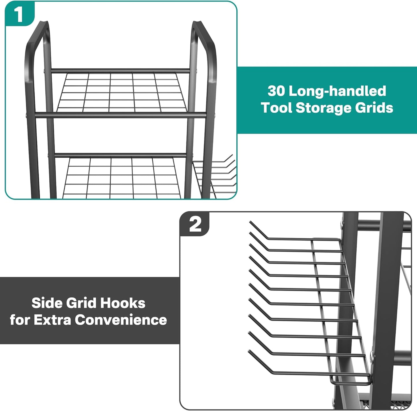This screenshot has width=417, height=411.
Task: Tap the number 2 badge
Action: pos(195,225)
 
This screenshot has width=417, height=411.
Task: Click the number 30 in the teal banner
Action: pos(276,91)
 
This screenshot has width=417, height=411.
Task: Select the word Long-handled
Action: pos(337,91)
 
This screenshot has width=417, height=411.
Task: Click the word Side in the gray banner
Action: pos(47,303)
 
